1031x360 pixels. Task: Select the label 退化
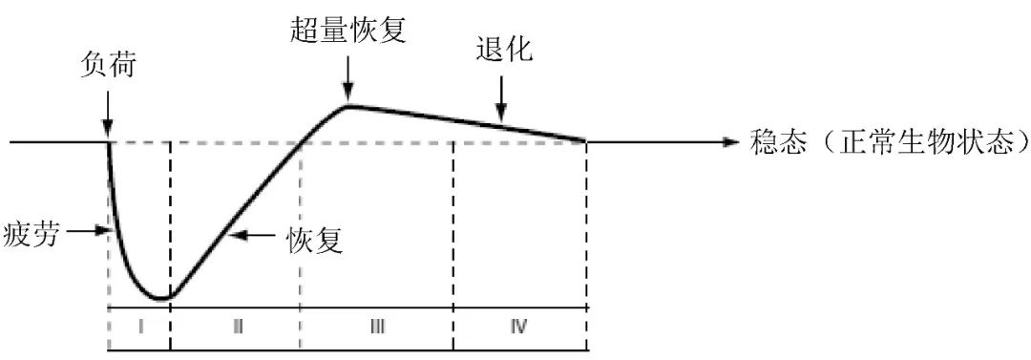(x=503, y=52)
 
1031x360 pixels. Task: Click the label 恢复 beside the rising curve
(x=315, y=237)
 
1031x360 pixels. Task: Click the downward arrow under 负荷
(x=108, y=113)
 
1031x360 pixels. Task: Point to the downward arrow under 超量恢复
(x=348, y=74)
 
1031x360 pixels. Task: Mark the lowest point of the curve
(x=163, y=298)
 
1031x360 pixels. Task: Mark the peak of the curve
(x=348, y=104)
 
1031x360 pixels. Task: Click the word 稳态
(x=775, y=143)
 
